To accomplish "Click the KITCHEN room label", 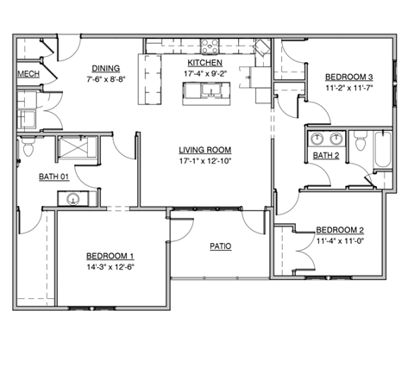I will coord(205,64).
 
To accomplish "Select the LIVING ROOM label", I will coord(205,149).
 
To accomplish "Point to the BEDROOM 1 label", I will coord(110,256).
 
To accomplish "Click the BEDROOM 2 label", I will coord(340,230).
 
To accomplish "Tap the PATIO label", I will coord(221,246).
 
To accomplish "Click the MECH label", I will coord(28,74).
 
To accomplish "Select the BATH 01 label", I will coord(53,177).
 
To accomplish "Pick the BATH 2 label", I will coord(326,156).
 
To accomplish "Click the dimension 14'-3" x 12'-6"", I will coord(110,267).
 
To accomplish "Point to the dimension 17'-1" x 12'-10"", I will coord(205,160).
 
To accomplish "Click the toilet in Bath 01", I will coord(27,149).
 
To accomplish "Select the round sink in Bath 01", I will coord(73,200).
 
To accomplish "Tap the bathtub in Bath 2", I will coord(381,152).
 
